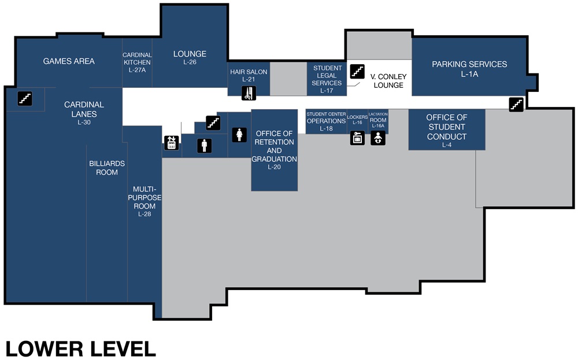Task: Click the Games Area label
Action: (x=69, y=61)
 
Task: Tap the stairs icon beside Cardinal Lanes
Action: (x=24, y=98)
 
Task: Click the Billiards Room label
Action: (x=107, y=168)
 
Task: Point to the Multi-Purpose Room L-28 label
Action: (x=144, y=201)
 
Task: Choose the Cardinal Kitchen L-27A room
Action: (x=137, y=62)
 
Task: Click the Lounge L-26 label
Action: (x=190, y=57)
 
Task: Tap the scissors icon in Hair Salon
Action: (x=249, y=92)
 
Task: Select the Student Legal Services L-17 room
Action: (x=327, y=79)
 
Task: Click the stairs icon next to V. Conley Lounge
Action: (x=357, y=72)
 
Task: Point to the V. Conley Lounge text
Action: (x=388, y=81)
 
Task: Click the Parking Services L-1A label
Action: (x=469, y=68)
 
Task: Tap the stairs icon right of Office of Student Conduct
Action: (x=516, y=104)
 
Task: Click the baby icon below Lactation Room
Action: (x=377, y=138)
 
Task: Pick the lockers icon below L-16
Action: (x=358, y=138)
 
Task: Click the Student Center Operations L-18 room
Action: (x=326, y=121)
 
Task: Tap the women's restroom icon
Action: (x=239, y=135)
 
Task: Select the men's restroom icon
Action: (x=204, y=145)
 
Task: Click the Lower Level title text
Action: (x=80, y=348)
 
